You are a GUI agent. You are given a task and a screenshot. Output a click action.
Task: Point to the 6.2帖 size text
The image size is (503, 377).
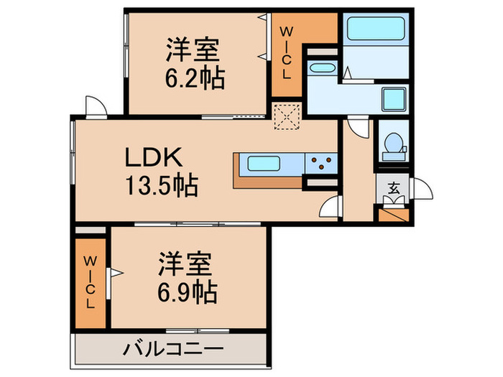point(194,78)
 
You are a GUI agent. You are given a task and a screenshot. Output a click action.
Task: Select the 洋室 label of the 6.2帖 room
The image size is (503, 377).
point(193,50)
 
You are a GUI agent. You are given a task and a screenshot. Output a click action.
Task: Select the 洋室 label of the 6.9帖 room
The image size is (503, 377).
point(185,264)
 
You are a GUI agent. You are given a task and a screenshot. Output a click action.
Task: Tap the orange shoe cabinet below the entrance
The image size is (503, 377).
point(394,213)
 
